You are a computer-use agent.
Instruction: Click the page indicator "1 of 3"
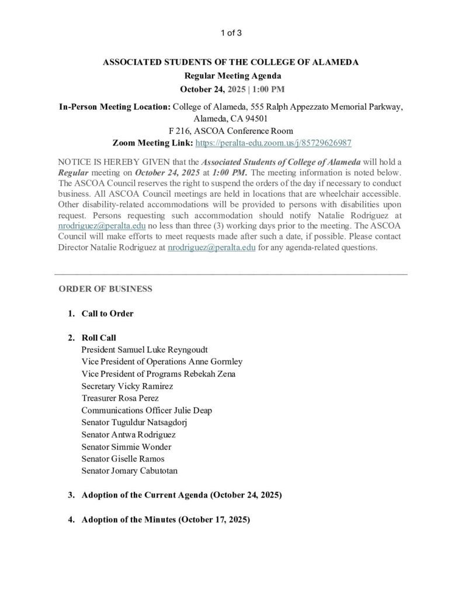[231, 33]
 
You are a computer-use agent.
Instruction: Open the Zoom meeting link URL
[273, 142]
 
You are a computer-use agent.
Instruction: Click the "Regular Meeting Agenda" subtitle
[231, 75]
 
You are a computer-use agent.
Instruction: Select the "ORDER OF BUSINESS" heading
[106, 289]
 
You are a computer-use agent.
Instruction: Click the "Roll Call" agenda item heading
[99, 338]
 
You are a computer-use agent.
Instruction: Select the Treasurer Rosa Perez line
[120, 398]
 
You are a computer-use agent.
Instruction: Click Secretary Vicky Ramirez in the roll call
[127, 386]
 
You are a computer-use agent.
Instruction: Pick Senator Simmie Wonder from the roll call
[126, 447]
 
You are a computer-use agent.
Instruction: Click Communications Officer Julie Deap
[147, 410]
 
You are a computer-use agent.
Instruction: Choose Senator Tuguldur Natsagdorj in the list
[137, 422]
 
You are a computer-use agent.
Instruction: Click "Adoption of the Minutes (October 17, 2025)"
[166, 519]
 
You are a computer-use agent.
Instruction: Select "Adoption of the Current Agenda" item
[182, 495]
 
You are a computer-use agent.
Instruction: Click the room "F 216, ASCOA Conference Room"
[231, 131]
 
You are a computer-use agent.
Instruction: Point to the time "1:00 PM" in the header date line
[268, 89]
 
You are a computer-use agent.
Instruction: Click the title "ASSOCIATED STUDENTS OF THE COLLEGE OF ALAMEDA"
[231, 61]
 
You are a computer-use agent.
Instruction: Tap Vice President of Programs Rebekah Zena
[159, 374]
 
